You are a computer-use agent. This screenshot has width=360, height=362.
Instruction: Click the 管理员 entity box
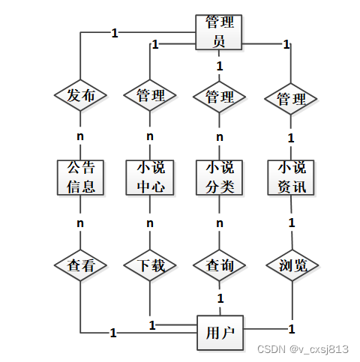coord(219,32)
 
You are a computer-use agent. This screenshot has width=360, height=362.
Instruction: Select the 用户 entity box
coord(219,331)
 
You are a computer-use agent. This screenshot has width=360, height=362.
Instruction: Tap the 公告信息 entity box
coord(80,177)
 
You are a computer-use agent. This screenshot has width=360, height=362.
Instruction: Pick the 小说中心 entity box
coord(150,177)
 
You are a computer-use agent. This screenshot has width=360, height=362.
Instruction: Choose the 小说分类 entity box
coord(219,177)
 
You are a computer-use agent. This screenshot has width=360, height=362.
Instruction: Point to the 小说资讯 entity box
coord(291,177)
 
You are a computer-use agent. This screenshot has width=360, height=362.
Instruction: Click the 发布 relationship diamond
coord(80,96)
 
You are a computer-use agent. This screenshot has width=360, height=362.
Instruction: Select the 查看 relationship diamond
coord(80,265)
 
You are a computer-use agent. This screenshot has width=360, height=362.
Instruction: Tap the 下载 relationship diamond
coord(150,265)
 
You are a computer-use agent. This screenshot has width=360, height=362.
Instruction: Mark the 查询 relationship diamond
coord(219,265)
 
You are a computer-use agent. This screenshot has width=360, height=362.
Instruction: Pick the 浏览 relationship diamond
coord(291,265)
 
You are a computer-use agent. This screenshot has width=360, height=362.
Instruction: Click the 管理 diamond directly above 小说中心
coord(150,96)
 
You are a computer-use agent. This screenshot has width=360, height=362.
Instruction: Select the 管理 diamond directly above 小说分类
coord(219,97)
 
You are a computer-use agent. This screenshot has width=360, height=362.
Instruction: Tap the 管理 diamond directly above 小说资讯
coord(291,99)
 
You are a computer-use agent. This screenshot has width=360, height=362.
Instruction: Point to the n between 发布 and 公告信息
coord(80,136)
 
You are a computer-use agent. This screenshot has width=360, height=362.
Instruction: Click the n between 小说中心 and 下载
coord(150,223)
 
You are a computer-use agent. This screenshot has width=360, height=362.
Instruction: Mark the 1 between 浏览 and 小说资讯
coord(292,223)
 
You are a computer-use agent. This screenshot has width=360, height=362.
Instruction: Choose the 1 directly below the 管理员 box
coord(219,67)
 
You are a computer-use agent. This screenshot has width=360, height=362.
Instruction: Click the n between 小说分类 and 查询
coord(219,223)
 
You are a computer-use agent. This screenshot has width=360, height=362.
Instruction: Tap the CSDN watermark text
coord(303,349)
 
